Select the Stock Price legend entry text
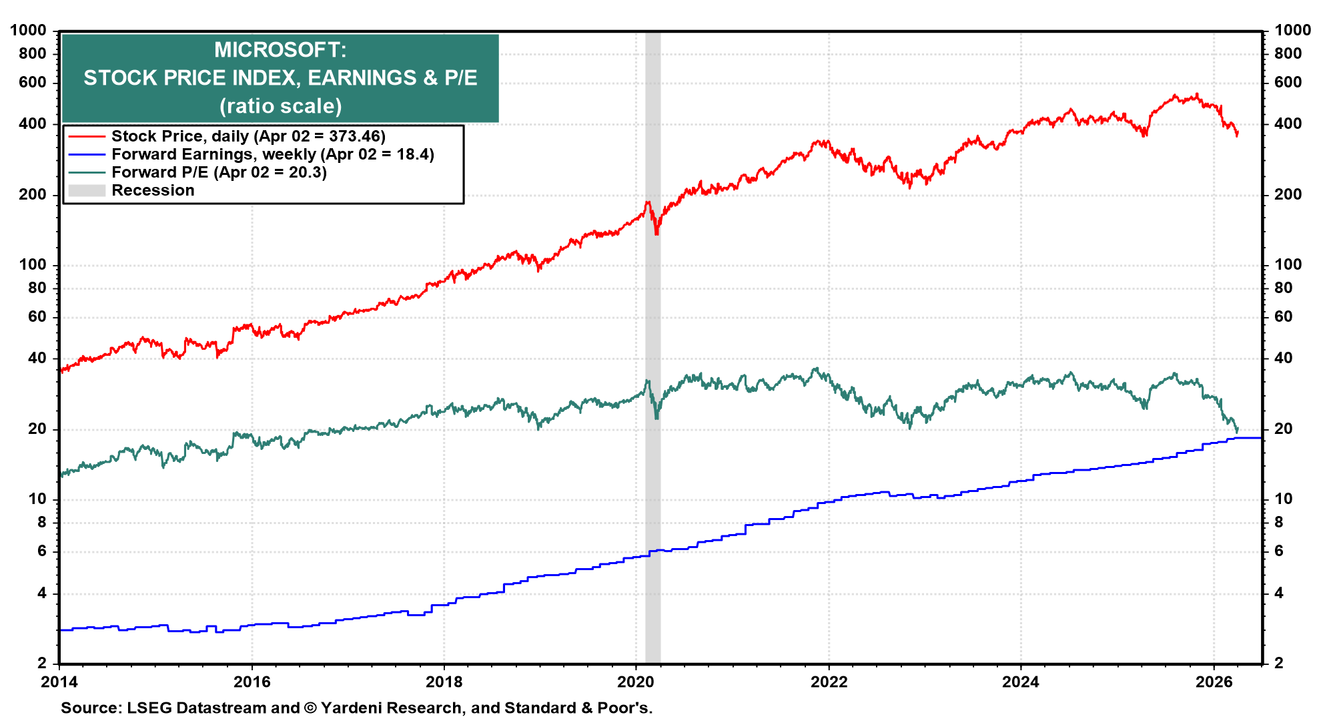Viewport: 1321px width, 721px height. click(x=248, y=136)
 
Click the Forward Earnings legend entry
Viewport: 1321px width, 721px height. click(x=272, y=154)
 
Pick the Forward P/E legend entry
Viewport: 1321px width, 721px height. click(x=219, y=172)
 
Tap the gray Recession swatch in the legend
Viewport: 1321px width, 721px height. click(x=87, y=190)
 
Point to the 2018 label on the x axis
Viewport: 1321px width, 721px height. click(x=444, y=682)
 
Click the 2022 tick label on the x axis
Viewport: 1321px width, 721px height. click(x=829, y=682)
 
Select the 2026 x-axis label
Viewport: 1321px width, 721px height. click(x=1214, y=682)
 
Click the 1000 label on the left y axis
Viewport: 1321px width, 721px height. click(x=28, y=30)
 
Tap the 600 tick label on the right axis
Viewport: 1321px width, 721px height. click(x=1288, y=82)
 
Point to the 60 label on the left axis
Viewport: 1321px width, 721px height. click(x=37, y=316)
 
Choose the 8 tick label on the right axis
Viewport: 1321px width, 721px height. click(x=1279, y=522)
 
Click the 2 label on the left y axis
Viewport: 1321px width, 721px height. click(x=42, y=663)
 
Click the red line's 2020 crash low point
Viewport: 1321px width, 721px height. click(x=656, y=234)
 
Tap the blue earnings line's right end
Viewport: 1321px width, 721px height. click(x=1260, y=438)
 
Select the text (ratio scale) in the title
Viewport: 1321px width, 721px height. click(x=280, y=106)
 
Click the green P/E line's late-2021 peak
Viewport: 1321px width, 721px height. click(x=815, y=369)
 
